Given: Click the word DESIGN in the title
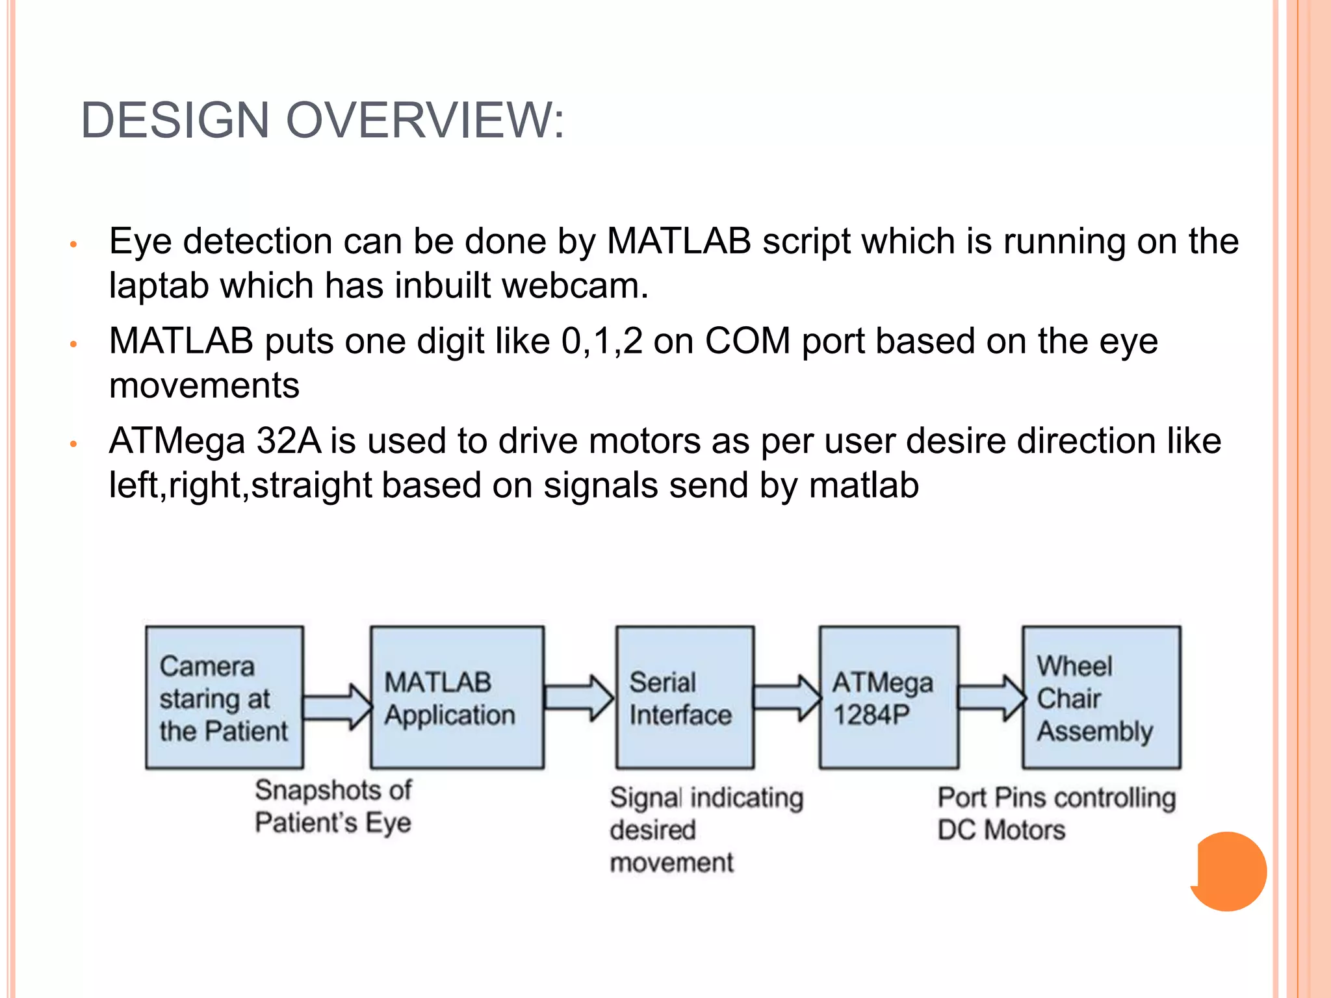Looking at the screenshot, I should tap(175, 121).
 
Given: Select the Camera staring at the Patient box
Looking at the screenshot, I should tap(224, 698).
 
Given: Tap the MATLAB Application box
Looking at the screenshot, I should tap(457, 698).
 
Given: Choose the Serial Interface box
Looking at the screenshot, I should tap(684, 698).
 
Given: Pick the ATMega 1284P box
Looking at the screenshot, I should tap(888, 698).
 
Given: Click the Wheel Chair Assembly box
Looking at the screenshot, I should tap(1101, 698).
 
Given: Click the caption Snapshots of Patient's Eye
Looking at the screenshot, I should tap(333, 806).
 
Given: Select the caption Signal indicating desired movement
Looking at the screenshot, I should tap(706, 830).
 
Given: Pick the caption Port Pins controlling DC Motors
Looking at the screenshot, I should tap(1056, 813).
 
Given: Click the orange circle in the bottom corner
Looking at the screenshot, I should tap(1228, 871).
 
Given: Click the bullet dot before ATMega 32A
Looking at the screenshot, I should tap(74, 444).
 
